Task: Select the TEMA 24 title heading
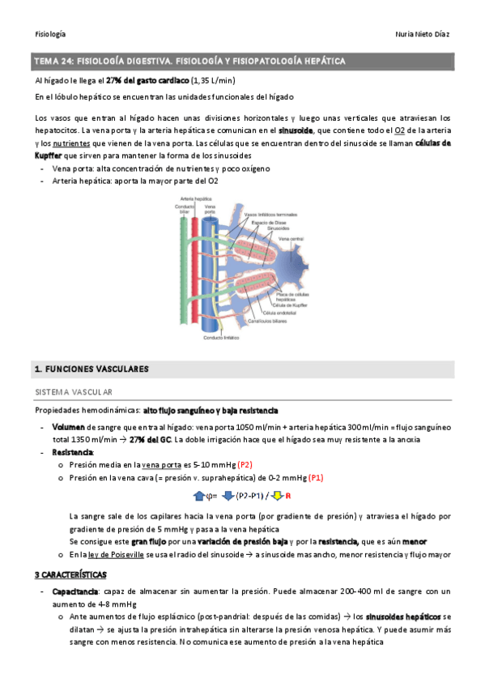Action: pyautogui.click(x=189, y=62)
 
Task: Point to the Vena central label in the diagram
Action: pyautogui.click(x=291, y=240)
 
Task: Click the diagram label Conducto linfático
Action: pyautogui.click(x=221, y=338)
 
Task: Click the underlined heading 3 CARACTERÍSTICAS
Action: pyautogui.click(x=70, y=574)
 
